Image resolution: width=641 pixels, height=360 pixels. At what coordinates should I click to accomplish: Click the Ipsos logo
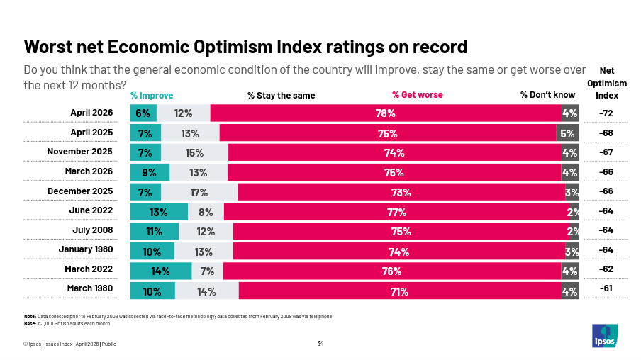tap(605, 335)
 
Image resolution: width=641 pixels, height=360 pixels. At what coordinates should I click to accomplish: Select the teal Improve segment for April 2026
tap(143, 113)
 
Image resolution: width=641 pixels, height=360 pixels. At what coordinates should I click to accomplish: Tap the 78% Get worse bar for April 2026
tap(386, 113)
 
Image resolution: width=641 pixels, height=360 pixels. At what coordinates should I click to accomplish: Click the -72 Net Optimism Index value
tap(606, 113)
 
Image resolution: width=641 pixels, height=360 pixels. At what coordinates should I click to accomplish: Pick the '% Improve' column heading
tap(152, 96)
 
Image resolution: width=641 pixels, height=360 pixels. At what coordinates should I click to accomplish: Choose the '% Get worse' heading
tap(418, 96)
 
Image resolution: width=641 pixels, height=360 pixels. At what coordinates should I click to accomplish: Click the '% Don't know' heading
tap(547, 96)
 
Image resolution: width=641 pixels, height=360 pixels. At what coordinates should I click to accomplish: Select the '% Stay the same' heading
tap(281, 96)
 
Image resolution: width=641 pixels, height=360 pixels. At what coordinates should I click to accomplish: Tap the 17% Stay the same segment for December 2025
tap(199, 192)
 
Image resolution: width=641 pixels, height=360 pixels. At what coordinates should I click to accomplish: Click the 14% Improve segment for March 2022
tap(160, 271)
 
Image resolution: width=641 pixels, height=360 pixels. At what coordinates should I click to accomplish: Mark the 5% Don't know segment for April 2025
tap(567, 133)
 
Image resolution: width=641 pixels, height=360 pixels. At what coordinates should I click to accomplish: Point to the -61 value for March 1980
tap(606, 289)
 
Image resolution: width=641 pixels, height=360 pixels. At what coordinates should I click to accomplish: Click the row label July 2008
tap(92, 230)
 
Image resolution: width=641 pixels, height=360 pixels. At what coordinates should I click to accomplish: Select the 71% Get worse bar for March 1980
tap(399, 291)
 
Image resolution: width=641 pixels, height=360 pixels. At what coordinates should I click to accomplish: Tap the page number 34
tap(320, 344)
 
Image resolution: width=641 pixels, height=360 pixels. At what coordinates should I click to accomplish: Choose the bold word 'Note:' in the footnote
tap(30, 316)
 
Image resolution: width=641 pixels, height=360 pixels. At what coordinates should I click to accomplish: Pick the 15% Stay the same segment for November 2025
tap(194, 152)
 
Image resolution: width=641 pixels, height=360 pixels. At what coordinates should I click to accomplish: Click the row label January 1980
tap(85, 249)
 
